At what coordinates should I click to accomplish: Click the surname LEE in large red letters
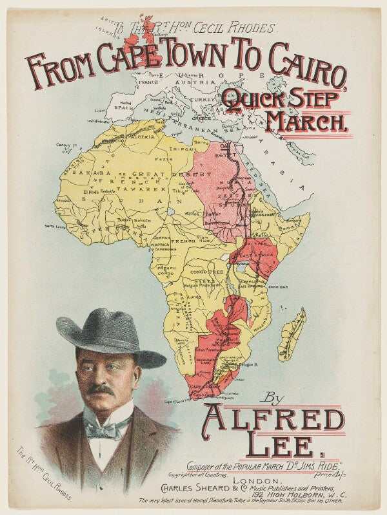[271, 446]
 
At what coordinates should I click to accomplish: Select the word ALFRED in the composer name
[274, 419]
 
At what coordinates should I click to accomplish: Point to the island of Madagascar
[292, 335]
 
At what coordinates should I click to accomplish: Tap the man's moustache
[100, 390]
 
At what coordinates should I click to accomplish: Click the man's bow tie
[106, 426]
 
